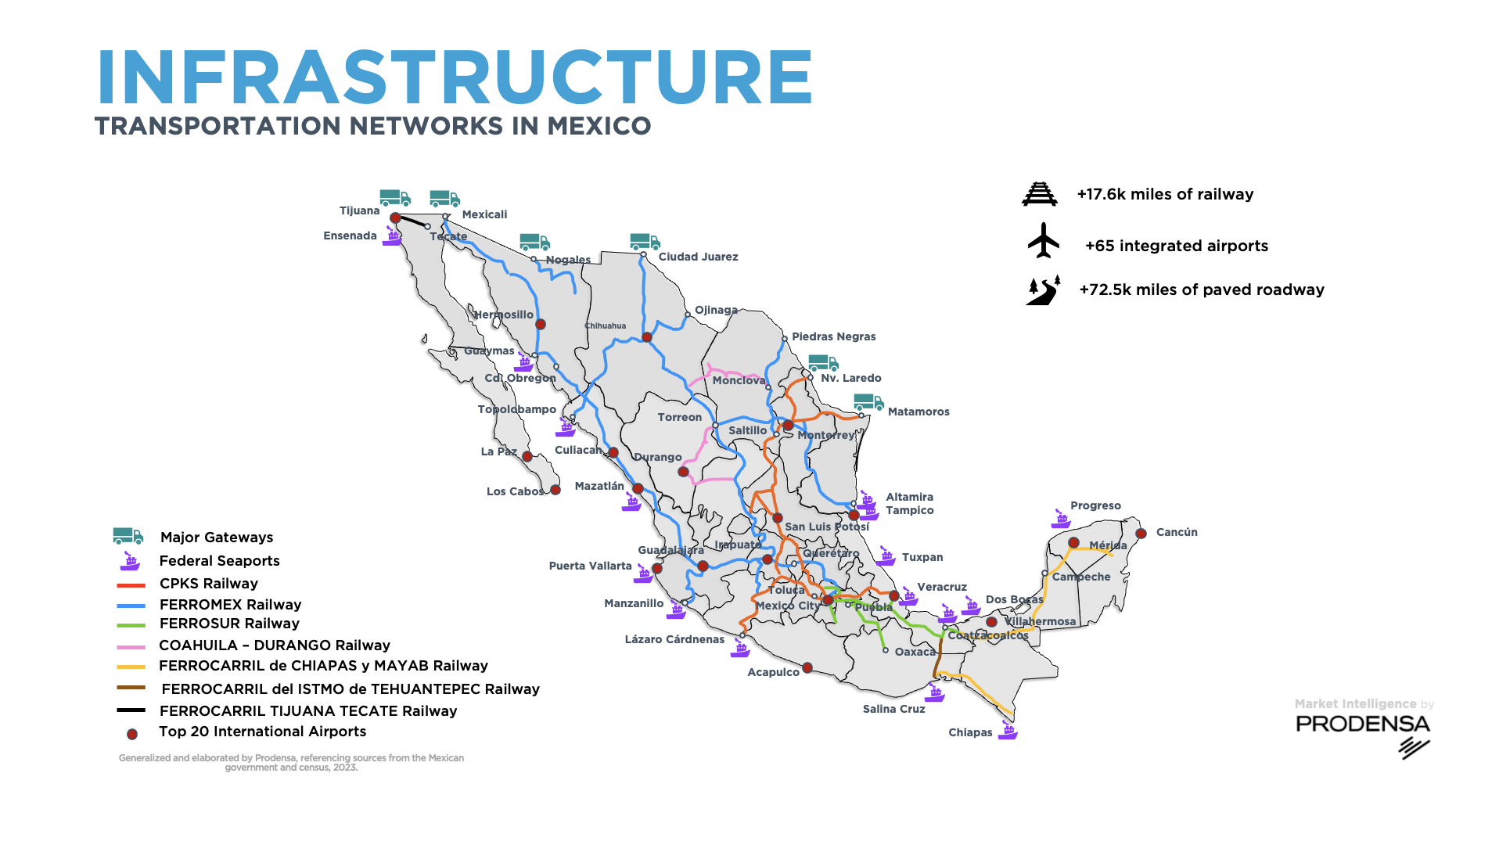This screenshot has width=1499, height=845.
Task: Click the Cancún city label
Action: coord(1176,532)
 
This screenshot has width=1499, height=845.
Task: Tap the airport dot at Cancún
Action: coord(1141,534)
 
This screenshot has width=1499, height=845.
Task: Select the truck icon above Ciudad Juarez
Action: coord(645,242)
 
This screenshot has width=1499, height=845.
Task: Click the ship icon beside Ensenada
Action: coord(392,236)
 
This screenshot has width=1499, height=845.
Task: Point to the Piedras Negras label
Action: coord(833,336)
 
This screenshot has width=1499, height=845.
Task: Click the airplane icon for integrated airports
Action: coord(1043,240)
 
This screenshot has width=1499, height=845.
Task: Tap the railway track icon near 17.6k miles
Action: coord(1039,193)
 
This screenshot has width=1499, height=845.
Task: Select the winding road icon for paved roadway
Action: coord(1043,290)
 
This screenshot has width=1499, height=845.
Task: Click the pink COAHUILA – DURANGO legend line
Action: coord(131,647)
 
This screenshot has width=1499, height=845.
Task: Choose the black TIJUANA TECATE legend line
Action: coord(131,710)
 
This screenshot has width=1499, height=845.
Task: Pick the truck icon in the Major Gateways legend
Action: coord(128,536)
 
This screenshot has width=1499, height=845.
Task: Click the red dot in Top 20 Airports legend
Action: coord(132,734)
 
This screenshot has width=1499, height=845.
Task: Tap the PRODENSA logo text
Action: coord(1362,724)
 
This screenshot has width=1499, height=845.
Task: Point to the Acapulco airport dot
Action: coord(807,668)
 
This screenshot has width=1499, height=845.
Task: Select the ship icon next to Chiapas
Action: coord(1008,732)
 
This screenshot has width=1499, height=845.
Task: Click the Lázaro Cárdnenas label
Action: coord(674,639)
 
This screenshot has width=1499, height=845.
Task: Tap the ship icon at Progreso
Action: coord(1061,518)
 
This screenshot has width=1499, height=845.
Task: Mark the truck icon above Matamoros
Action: coord(868,402)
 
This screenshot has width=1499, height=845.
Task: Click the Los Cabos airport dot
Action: coord(555,491)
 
